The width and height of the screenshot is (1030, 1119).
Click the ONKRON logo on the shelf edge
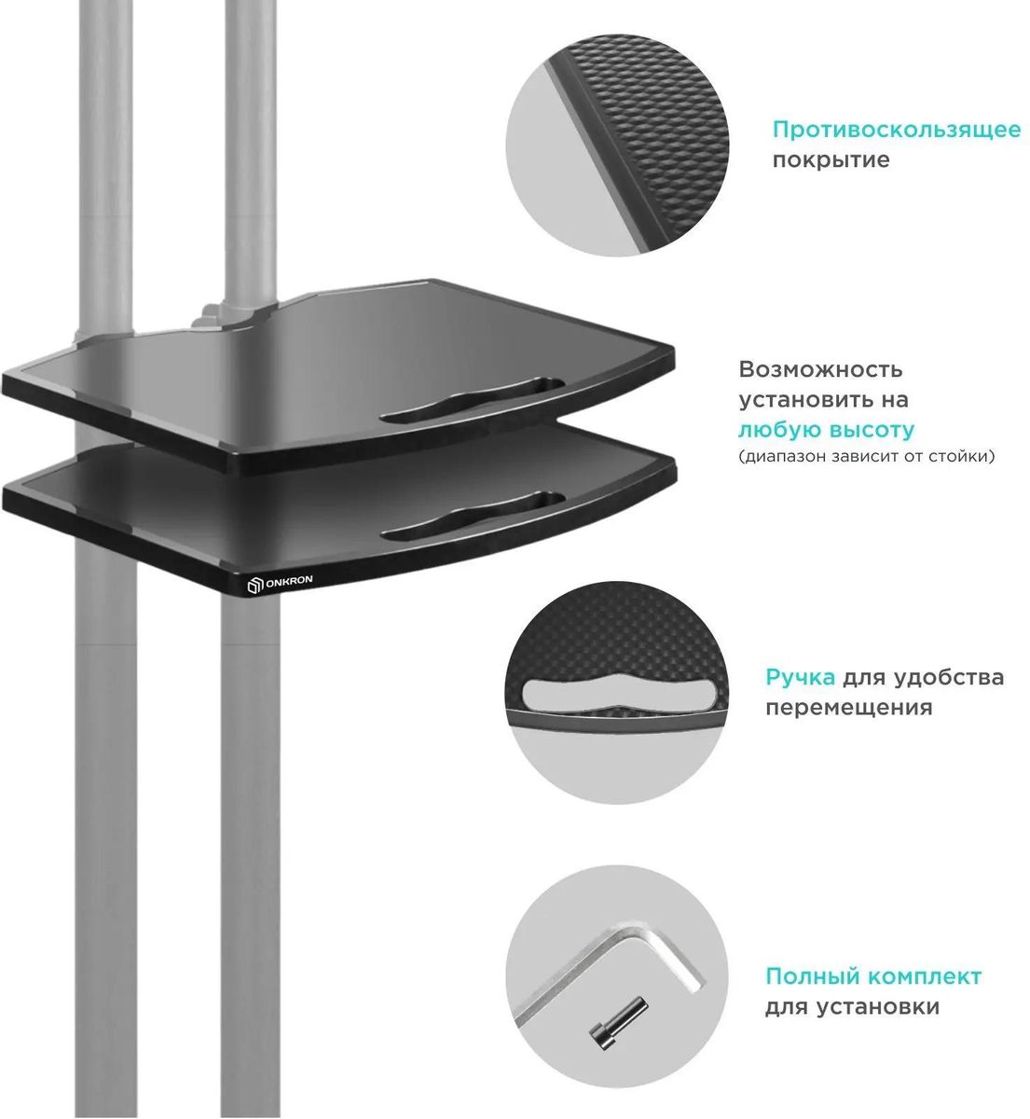point(280,583)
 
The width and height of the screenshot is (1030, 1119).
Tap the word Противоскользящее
point(897,131)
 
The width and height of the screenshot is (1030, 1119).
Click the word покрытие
point(831,160)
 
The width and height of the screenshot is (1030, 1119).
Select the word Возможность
point(820,369)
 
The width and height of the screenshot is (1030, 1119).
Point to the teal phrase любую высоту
point(827,430)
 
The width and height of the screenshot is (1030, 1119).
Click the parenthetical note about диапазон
point(867,456)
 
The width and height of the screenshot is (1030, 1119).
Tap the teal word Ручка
point(801,678)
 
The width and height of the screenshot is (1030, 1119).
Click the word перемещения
point(849,708)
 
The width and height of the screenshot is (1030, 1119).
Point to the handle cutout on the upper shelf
point(473,399)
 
